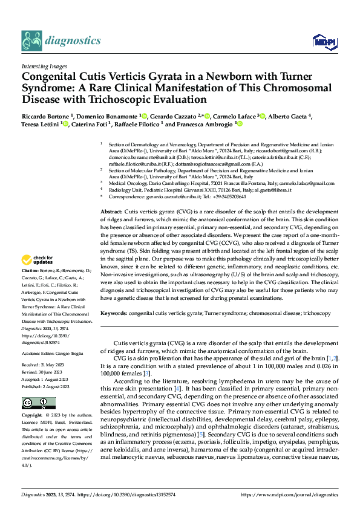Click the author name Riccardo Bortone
(x=45, y=115)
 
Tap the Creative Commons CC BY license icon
(x=31, y=403)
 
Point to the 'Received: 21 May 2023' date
(x=43, y=366)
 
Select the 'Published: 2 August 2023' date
(x=45, y=387)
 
